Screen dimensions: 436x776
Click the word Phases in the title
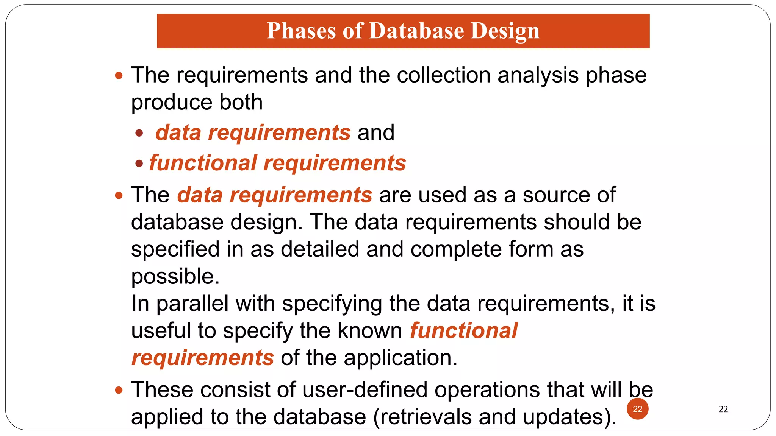(301, 31)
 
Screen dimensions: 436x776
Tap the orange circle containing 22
(637, 409)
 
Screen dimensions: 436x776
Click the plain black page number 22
(723, 409)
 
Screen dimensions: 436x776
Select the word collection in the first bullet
(443, 75)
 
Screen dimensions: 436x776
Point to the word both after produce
(241, 102)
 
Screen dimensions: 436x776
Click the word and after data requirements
(376, 132)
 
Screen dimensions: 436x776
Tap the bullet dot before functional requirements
(139, 163)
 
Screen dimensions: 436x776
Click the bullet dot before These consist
(119, 390)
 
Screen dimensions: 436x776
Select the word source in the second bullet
(556, 195)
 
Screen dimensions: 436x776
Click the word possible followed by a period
(175, 277)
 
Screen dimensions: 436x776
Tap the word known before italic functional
(369, 330)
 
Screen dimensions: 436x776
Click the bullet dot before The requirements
(119, 75)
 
